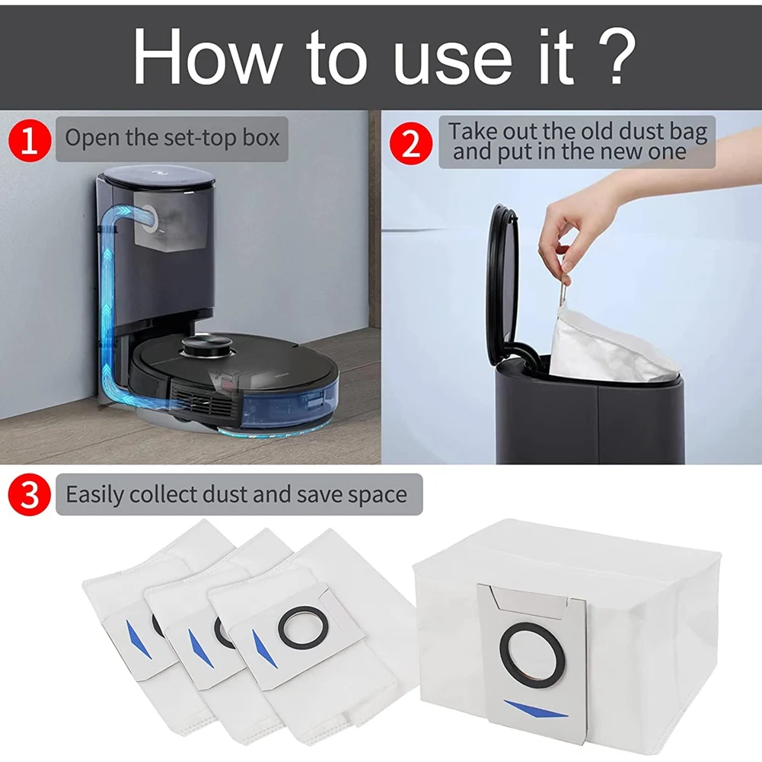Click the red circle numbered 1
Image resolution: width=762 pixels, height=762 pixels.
pos(29,141)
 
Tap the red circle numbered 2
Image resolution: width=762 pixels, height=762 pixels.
pos(410,143)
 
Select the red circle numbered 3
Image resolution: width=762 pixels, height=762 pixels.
pos(29,496)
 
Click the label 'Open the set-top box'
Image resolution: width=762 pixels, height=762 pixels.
pos(172,139)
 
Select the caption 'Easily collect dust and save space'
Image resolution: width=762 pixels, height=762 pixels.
pos(236,495)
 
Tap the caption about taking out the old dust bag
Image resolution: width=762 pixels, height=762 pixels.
pos(577,141)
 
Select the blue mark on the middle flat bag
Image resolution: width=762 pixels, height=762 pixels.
pos(197,648)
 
